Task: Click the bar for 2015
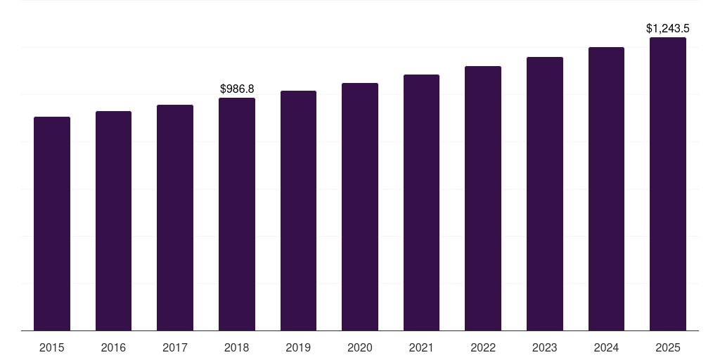tap(52, 224)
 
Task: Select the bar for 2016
tap(113, 221)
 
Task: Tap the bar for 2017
tap(175, 218)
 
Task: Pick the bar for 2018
tap(237, 214)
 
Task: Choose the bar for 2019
tap(298, 211)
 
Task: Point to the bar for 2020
tap(360, 207)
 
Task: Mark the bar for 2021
tap(421, 202)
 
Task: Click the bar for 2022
tap(483, 198)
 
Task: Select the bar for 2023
tap(545, 194)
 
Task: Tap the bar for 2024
tap(606, 189)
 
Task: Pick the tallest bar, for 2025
tap(668, 184)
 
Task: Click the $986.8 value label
tap(237, 89)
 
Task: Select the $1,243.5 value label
tap(668, 29)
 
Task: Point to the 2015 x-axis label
tap(52, 347)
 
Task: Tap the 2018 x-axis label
tap(237, 347)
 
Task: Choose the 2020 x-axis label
tap(360, 347)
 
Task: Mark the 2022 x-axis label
tap(483, 347)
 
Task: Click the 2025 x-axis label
tap(668, 347)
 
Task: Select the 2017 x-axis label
tap(175, 347)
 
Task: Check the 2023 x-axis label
tap(545, 347)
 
